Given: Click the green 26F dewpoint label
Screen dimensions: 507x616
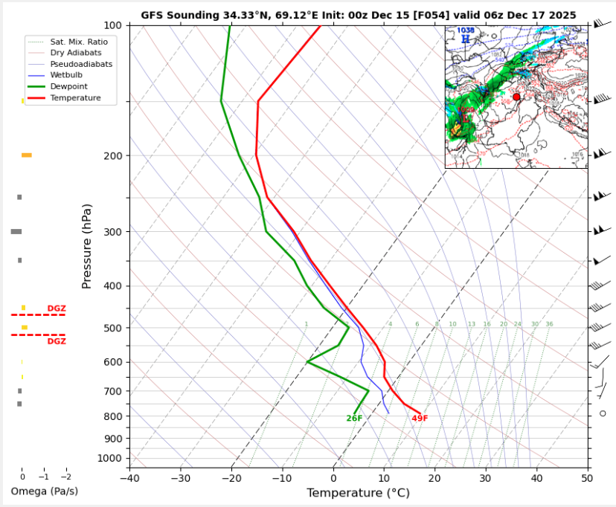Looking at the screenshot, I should tap(354, 419).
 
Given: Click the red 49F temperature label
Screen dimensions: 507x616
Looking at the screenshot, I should tap(420, 419).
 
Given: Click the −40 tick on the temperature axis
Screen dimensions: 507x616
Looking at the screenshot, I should tap(129, 478).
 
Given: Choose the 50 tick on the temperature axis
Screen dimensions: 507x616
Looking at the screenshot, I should tap(587, 478).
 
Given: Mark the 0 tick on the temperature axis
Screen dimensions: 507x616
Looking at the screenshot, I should tap(333, 478).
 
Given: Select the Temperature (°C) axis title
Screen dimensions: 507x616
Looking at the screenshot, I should tap(358, 493).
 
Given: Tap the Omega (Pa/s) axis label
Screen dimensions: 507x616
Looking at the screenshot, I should tap(44, 491).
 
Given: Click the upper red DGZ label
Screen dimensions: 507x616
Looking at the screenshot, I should tap(57, 309).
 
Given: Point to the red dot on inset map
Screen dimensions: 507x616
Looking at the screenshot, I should tap(517, 97).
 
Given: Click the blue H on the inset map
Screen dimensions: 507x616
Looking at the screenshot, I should tap(466, 39).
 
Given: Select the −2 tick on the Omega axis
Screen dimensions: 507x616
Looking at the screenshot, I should tap(66, 477).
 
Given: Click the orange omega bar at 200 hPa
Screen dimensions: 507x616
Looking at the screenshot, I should tap(27, 155).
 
